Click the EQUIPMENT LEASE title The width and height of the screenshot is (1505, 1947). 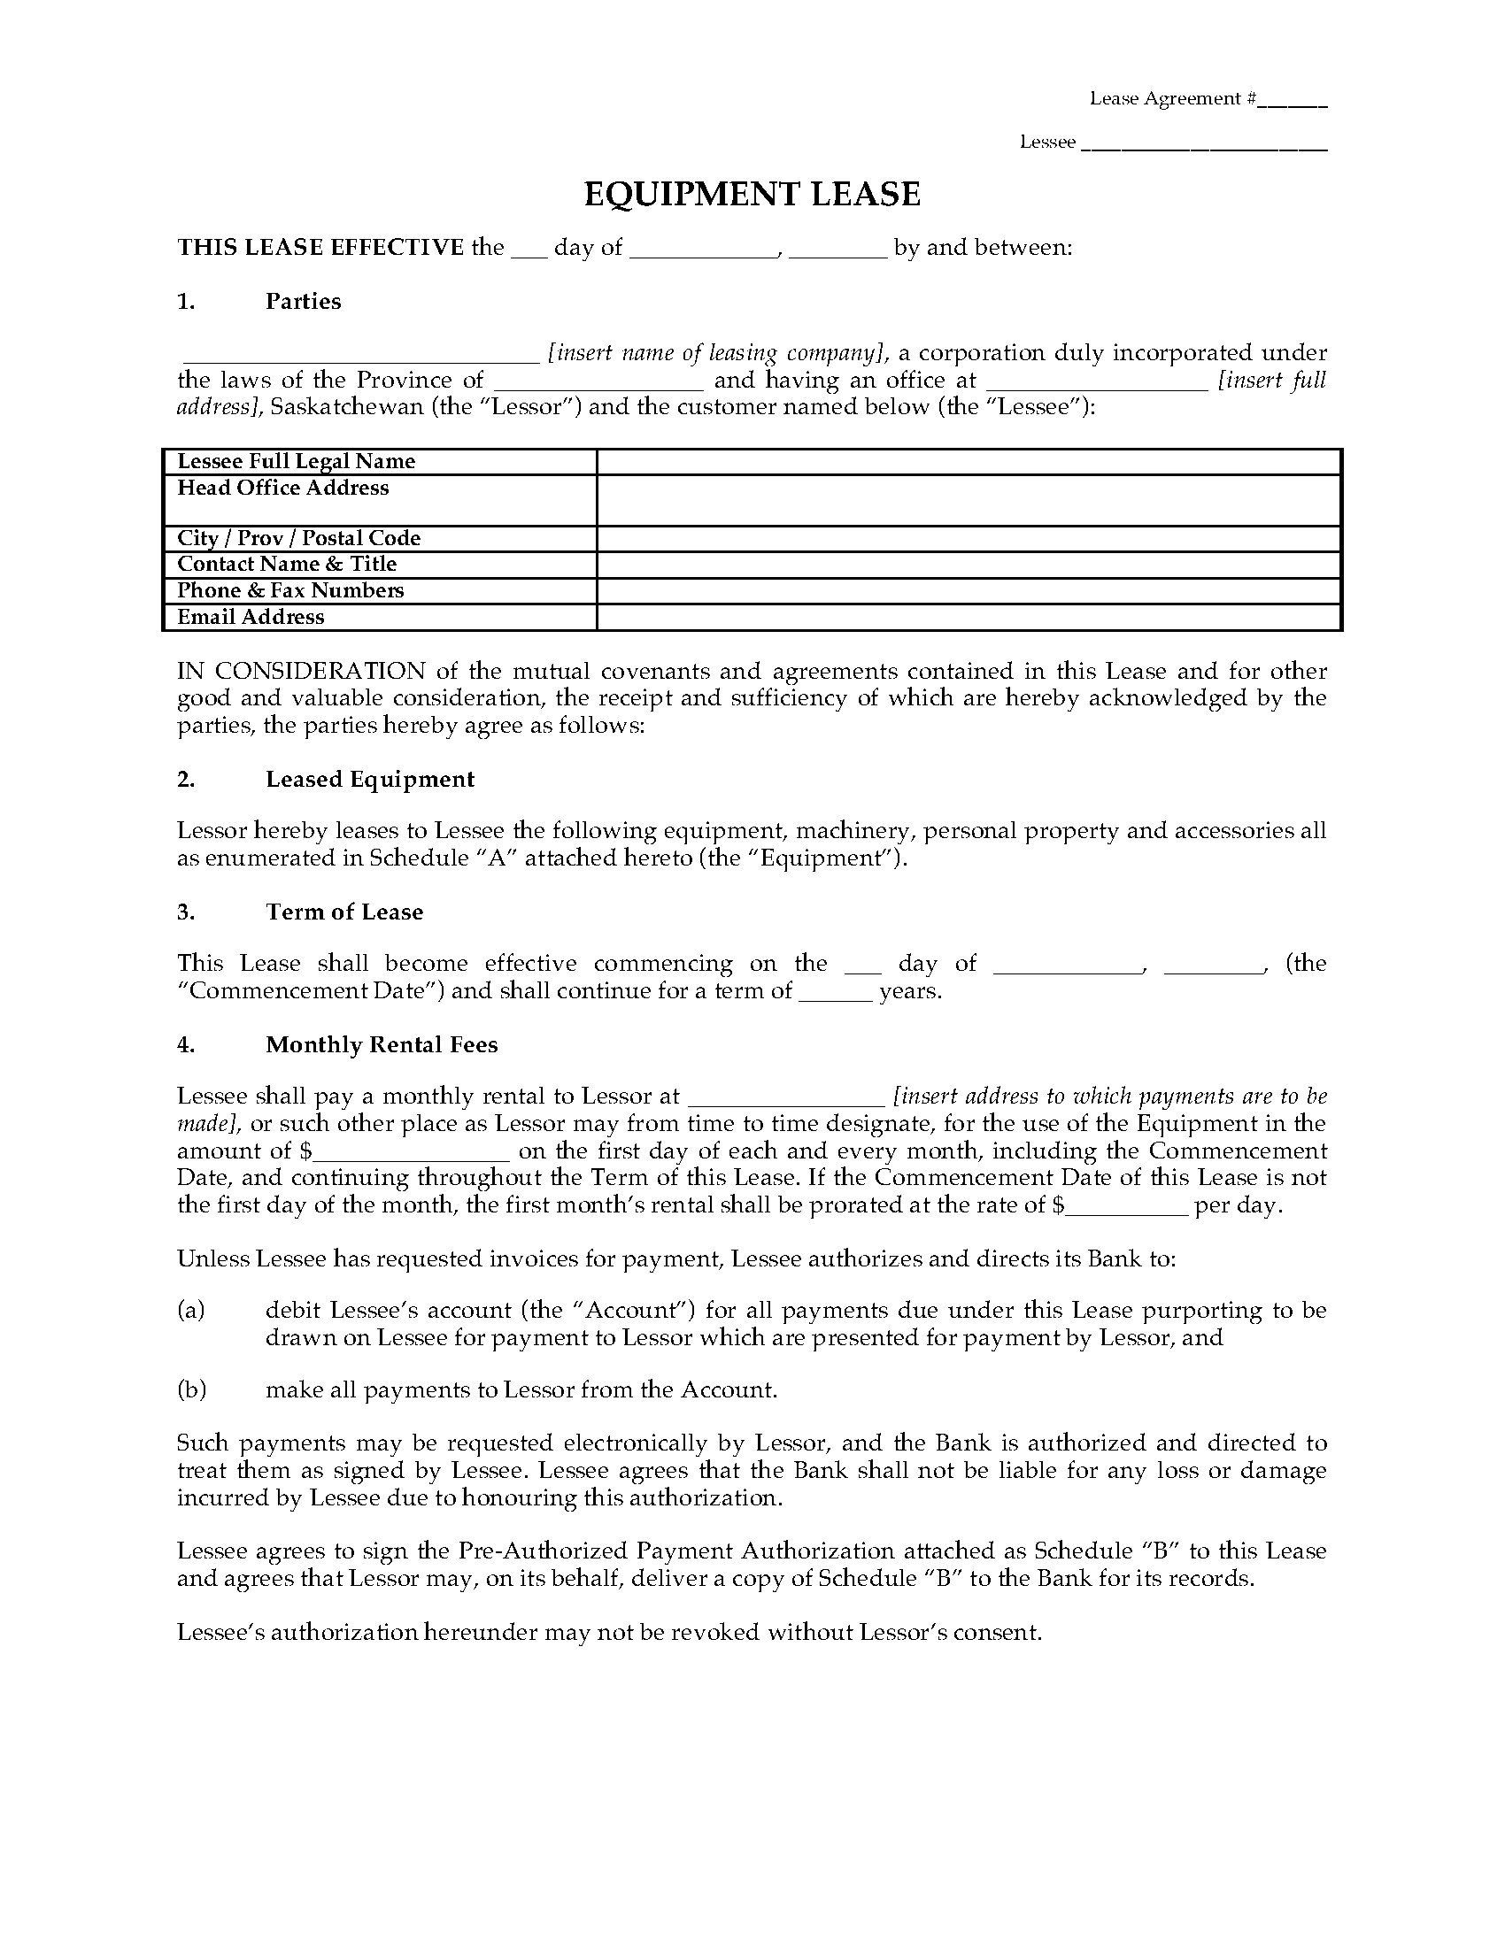coord(752,195)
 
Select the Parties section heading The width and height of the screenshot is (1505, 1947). coord(302,301)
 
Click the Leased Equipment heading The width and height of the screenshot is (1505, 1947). coord(369,779)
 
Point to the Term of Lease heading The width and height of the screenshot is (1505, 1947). coord(344,912)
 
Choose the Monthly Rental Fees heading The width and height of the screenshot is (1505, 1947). coord(382,1045)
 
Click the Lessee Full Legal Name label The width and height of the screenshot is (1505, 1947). coord(296,461)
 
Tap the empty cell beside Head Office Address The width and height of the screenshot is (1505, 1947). coord(969,500)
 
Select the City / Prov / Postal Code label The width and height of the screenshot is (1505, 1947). coord(298,538)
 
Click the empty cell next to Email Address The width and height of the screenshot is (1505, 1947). coord(969,617)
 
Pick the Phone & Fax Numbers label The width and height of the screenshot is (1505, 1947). coord(290,590)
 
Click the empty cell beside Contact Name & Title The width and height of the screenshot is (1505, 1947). coord(969,565)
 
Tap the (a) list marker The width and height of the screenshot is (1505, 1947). coord(191,1310)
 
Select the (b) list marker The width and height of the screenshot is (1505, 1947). coord(192,1389)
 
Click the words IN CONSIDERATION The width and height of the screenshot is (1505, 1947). coord(301,672)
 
